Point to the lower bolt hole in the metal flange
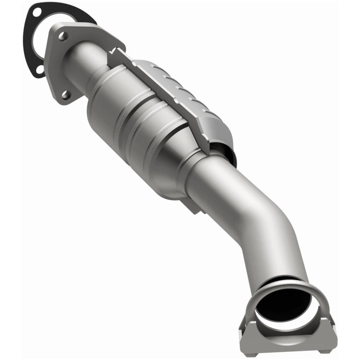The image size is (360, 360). (x=66, y=94)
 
